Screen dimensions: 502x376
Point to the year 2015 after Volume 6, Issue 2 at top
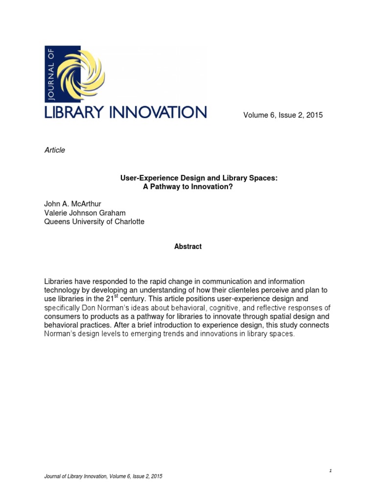313,115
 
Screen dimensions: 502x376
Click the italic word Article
54,150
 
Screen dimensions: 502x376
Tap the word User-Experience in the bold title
145,179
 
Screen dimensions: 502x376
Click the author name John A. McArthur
73,204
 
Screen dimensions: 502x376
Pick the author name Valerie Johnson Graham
85,213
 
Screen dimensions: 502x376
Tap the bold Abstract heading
188,247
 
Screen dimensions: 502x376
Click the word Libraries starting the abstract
59,281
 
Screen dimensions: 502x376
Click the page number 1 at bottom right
330,471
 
